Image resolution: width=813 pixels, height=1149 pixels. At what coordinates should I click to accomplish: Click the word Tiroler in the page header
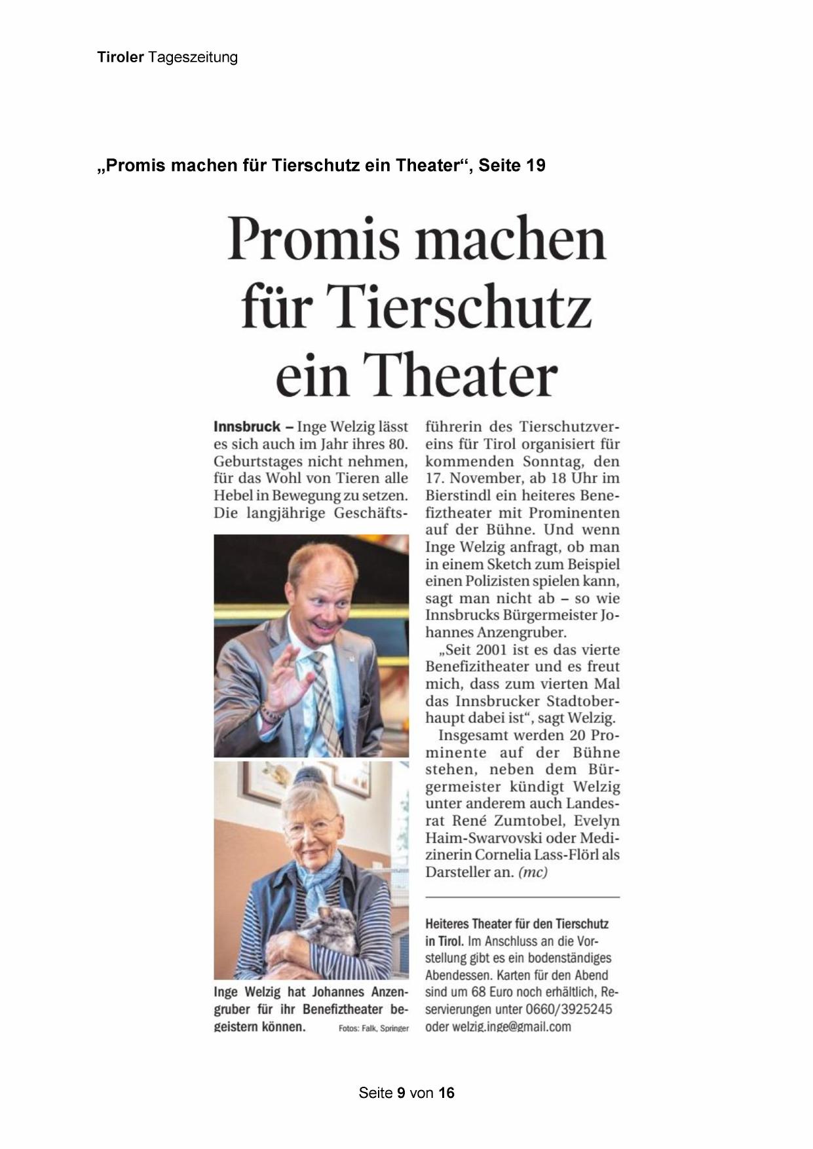[120, 58]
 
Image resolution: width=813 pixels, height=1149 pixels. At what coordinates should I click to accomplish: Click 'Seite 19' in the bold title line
[512, 166]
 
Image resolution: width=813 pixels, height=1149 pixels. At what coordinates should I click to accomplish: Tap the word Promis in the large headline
[313, 239]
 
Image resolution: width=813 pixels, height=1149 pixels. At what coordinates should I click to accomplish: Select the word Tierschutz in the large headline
[462, 307]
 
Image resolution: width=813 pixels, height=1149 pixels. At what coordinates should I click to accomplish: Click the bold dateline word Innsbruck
[247, 427]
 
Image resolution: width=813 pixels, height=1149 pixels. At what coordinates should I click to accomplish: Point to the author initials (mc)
[533, 872]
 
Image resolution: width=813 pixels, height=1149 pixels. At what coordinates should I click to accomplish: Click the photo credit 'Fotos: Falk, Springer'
[373, 1028]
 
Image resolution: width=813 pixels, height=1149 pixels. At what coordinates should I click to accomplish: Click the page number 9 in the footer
[401, 1093]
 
